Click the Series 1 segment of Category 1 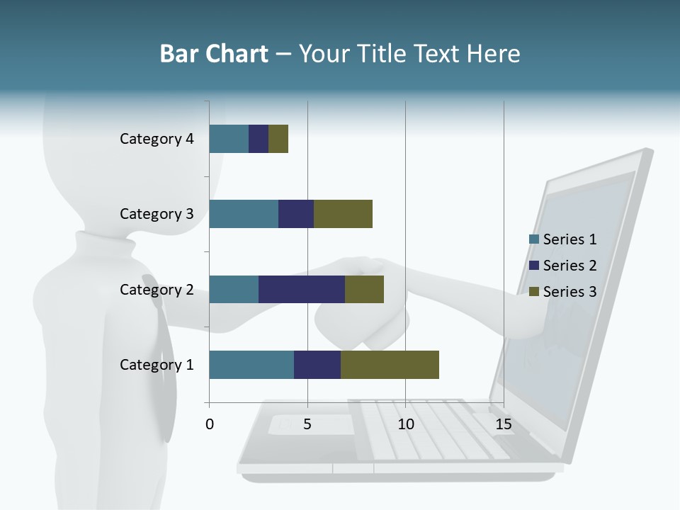point(251,365)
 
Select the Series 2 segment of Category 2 point(302,289)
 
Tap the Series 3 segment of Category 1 point(390,365)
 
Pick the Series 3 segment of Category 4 point(278,139)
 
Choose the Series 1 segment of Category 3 point(244,214)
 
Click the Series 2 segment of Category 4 point(259,139)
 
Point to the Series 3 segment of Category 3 point(343,214)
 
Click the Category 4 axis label point(157,139)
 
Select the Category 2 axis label point(157,289)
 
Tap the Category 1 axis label point(157,365)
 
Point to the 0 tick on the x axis point(210,424)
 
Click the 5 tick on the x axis point(307,424)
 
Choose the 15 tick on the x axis point(504,424)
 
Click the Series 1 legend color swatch point(533,239)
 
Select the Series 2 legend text point(569,266)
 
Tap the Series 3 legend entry point(563,292)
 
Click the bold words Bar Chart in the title point(214,54)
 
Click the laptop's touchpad point(312,424)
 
